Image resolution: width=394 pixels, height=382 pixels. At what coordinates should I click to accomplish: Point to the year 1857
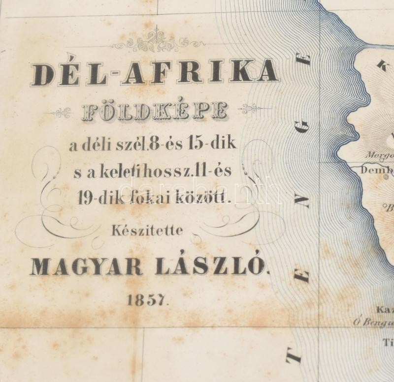point(148,300)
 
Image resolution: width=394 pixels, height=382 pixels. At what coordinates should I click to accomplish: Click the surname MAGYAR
point(86,267)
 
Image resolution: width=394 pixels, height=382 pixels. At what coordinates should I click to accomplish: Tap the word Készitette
point(154,230)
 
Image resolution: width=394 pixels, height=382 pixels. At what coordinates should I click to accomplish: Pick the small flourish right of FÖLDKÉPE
point(251,108)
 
